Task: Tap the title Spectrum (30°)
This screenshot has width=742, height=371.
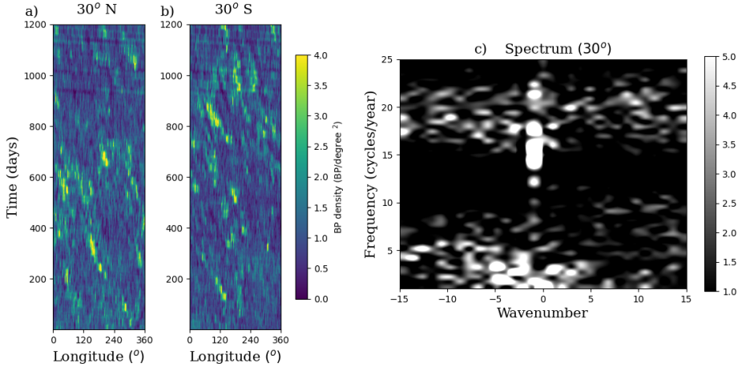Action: tap(558, 48)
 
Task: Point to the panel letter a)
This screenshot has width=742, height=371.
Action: tap(32, 11)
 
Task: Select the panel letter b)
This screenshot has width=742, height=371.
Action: tap(167, 11)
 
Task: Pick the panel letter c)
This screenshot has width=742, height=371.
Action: tap(481, 49)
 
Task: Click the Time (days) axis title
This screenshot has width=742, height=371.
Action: tap(13, 177)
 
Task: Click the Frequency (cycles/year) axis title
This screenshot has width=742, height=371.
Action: tap(370, 175)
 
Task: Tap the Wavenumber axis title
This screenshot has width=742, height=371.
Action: tap(542, 313)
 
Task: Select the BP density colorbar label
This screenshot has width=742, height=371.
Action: tap(338, 177)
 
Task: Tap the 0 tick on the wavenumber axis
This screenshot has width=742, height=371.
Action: tap(542, 298)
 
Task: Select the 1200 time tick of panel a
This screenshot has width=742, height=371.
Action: tap(36, 25)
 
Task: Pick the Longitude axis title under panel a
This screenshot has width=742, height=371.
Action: tap(99, 356)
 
